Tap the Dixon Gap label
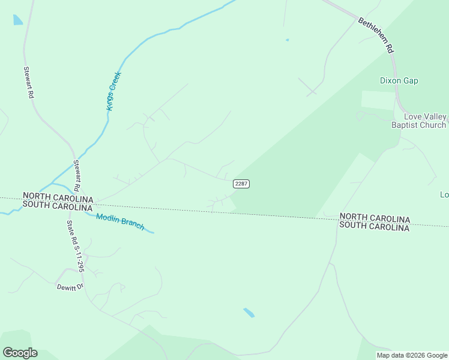[x=399, y=80]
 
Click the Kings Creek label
[x=114, y=91]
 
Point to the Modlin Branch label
[x=120, y=222]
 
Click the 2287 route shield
[x=241, y=184]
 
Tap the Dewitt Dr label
[x=69, y=287]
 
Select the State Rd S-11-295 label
[x=76, y=247]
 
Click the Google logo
[x=20, y=353]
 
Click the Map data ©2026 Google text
[x=412, y=356]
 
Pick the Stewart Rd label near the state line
[x=77, y=176]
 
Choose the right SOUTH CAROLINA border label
[x=374, y=227]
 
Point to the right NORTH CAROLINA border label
[x=374, y=218]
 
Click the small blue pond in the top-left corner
[x=17, y=20]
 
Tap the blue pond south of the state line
[x=249, y=313]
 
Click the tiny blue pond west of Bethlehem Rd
[x=287, y=40]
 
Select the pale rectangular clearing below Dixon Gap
[x=378, y=100]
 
